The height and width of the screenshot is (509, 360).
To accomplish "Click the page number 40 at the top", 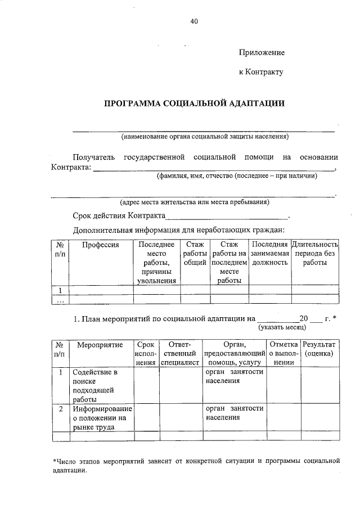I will click(x=194, y=22).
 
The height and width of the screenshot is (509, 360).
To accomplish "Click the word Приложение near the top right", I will click(x=262, y=52).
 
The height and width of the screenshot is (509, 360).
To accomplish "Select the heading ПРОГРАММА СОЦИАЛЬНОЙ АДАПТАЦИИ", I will click(x=194, y=103).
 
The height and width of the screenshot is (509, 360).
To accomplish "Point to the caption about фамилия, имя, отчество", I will click(x=237, y=175).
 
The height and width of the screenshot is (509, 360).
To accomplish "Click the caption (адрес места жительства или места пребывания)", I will click(x=194, y=202).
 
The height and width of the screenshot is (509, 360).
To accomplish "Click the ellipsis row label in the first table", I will click(x=60, y=300).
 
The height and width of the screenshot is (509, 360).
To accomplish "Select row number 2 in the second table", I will click(x=60, y=408).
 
